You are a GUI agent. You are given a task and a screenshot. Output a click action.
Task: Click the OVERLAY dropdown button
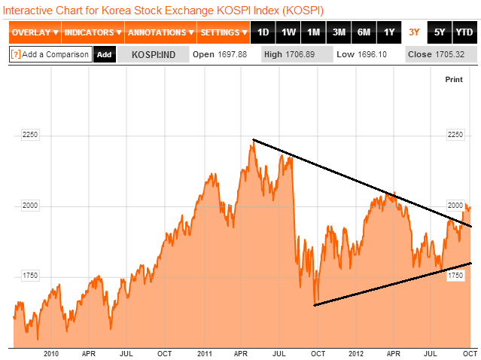35,32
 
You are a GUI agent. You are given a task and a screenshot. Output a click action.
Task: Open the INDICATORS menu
93,32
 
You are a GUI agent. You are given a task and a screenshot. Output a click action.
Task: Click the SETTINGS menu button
224,32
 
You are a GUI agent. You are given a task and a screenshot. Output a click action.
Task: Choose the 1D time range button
263,32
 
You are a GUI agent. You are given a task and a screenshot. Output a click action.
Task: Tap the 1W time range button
288,32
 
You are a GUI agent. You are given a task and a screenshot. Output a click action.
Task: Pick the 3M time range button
339,32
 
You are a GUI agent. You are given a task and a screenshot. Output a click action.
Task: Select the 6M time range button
364,32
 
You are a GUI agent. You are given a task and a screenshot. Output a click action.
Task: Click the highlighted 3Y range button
414,32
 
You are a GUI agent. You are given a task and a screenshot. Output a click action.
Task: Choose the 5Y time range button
440,32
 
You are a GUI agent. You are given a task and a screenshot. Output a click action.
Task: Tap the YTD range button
464,32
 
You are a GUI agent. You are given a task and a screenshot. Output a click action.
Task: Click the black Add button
104,54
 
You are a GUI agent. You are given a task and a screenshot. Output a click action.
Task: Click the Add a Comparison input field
50,54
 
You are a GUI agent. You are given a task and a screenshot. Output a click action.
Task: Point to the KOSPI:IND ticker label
153,54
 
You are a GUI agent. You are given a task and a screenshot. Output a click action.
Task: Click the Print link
454,79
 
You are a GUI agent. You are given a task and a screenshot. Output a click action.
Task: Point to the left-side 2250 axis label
29,135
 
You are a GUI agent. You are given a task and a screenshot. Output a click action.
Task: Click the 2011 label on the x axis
204,352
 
